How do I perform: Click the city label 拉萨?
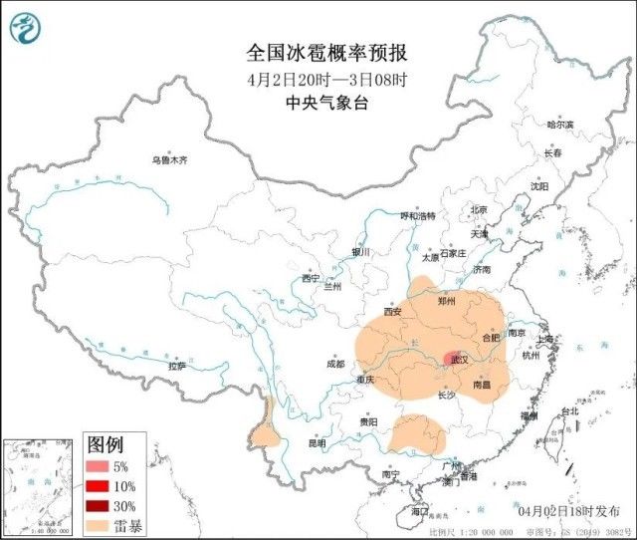click(177, 367)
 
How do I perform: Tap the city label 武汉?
click(459, 359)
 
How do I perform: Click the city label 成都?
click(333, 364)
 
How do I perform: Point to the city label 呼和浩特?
click(418, 215)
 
